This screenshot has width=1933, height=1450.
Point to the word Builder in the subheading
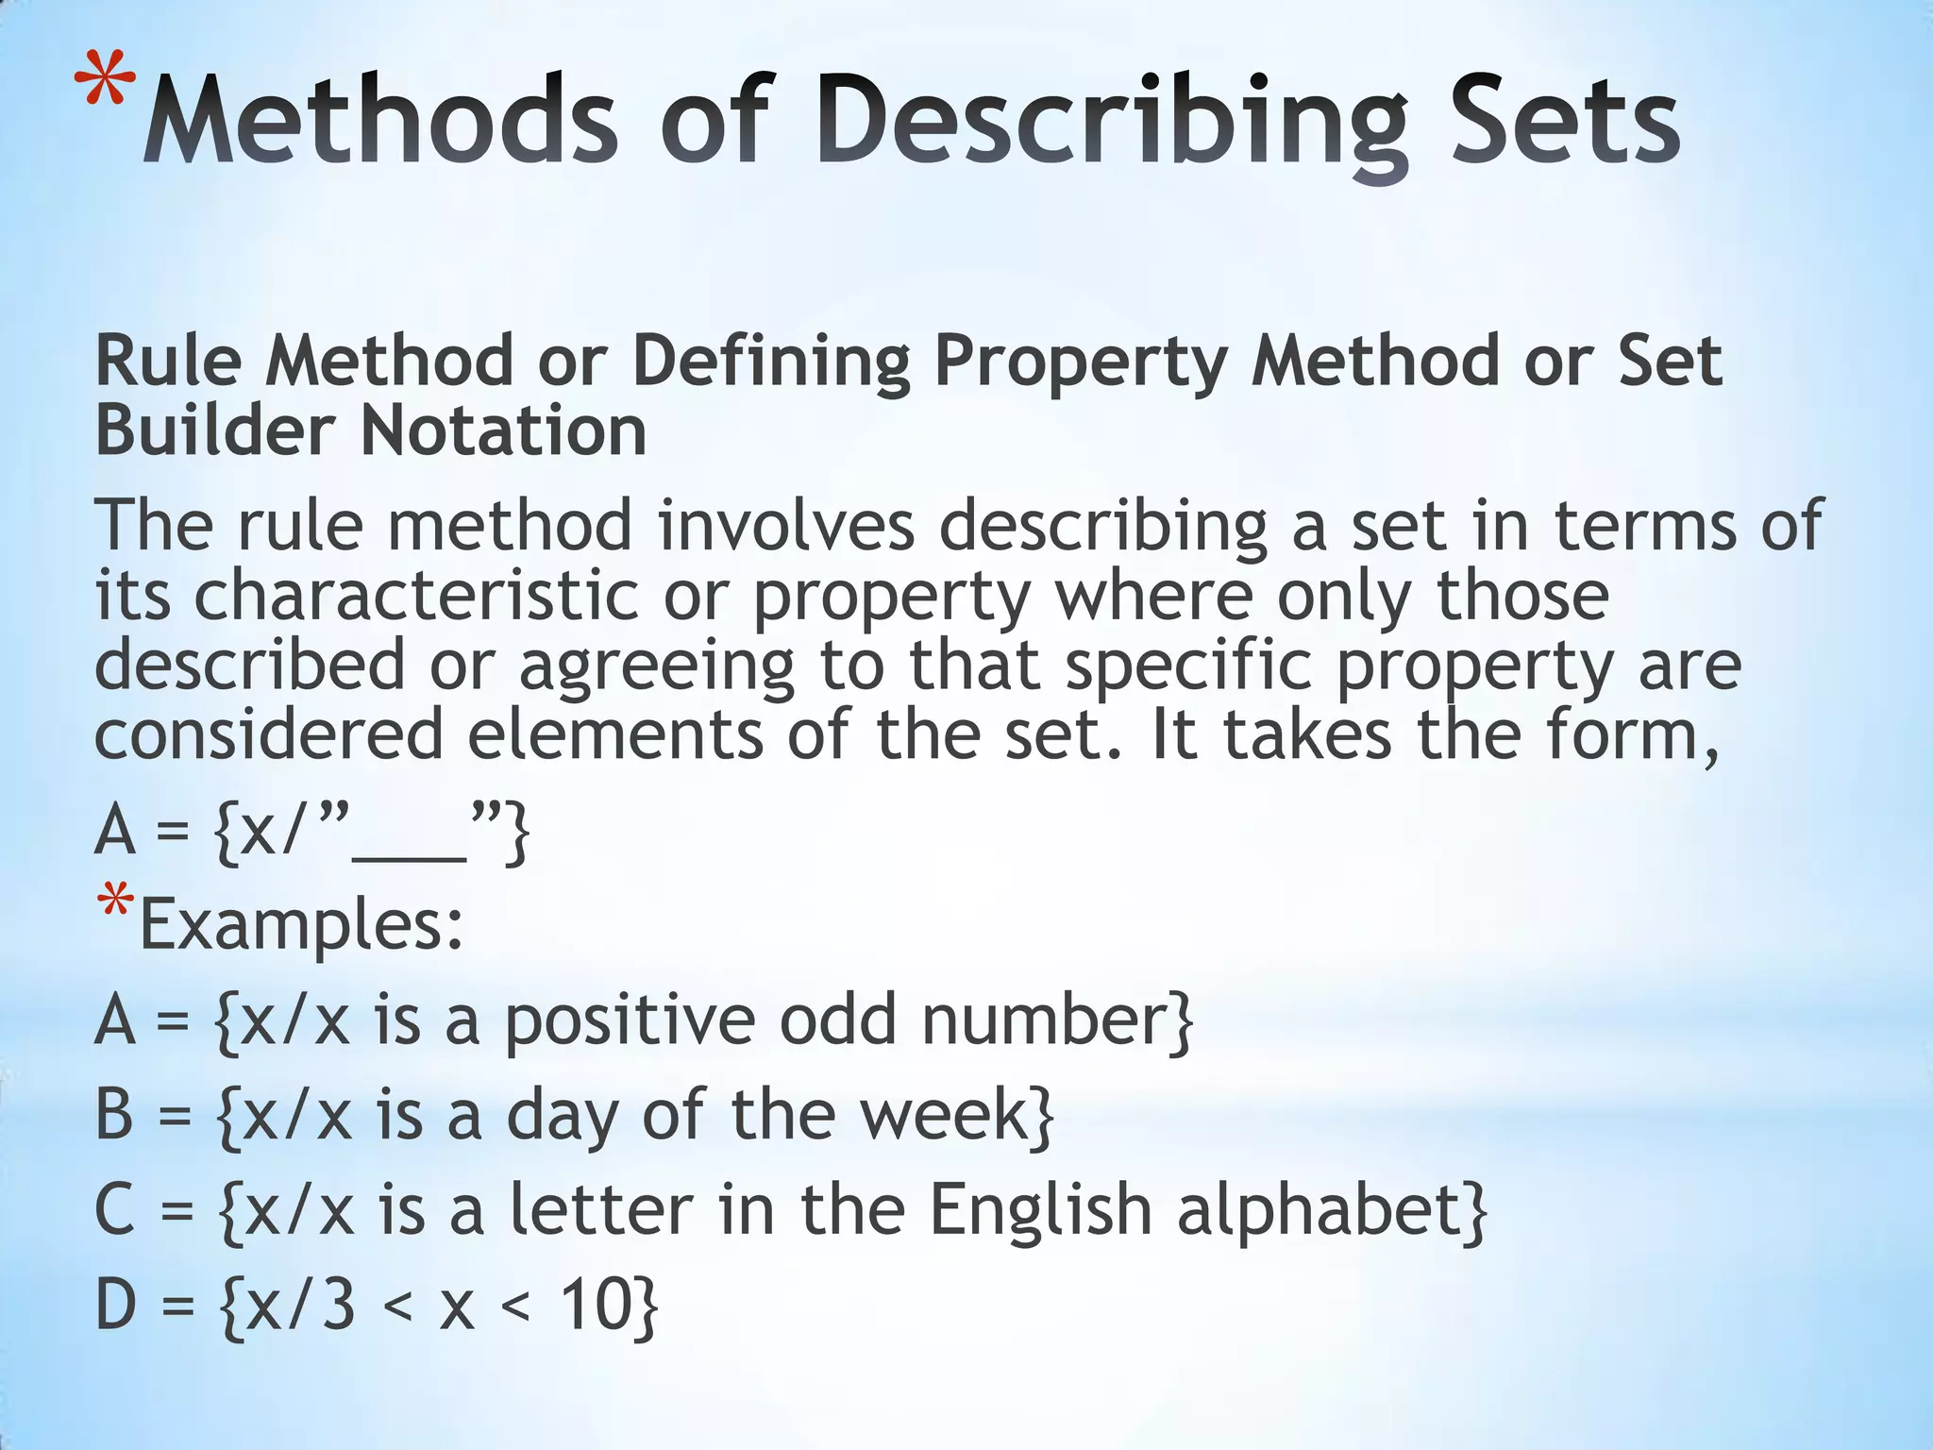[x=214, y=431]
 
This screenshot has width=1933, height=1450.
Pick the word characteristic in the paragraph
[x=416, y=597]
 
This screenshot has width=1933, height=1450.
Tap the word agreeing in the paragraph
[x=656, y=666]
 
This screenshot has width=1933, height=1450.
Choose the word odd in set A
[x=836, y=1020]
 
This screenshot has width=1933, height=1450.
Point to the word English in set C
[x=1040, y=1209]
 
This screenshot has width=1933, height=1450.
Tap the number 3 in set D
[x=337, y=1305]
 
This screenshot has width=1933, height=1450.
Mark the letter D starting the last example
[x=116, y=1305]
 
